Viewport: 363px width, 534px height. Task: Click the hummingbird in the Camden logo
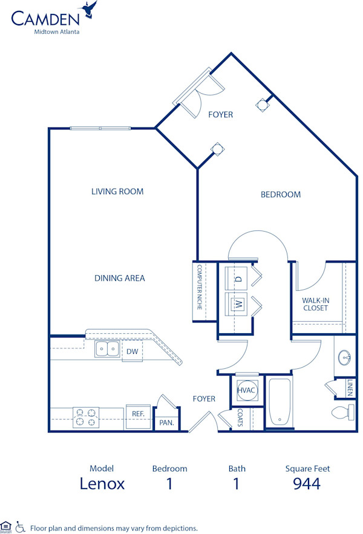(91, 10)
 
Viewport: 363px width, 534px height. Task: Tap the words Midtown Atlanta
(56, 31)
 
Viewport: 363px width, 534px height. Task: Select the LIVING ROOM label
(117, 192)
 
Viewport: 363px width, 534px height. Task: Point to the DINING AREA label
(119, 278)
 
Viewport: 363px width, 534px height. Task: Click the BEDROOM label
(280, 195)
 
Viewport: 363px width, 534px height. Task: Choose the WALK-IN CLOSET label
(315, 304)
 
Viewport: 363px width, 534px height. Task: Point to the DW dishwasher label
(132, 351)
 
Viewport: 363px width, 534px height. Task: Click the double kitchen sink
(107, 349)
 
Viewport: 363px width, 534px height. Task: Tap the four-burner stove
(85, 418)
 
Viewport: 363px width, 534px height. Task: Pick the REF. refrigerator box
(137, 414)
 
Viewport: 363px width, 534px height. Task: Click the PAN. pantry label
(167, 423)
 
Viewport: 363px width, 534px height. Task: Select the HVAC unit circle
(247, 391)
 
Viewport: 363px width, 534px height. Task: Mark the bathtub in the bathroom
(280, 403)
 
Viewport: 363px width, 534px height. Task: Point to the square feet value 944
(306, 483)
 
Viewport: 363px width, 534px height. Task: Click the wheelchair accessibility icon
(19, 527)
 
